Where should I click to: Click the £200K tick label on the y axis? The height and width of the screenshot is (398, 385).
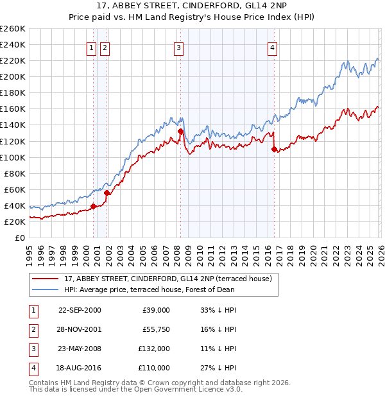pyautogui.click(x=12, y=76)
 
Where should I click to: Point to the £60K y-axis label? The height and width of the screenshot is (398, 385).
pyautogui.click(x=14, y=189)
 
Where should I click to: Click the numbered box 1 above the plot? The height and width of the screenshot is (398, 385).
pyautogui.click(x=91, y=48)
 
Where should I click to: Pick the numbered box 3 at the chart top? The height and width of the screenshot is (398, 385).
pyautogui.click(x=178, y=48)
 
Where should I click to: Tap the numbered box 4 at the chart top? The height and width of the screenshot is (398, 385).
pyautogui.click(x=273, y=48)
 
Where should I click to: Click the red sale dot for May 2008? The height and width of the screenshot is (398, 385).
pyautogui.click(x=181, y=131)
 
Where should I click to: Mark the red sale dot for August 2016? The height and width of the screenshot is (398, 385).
pyautogui.click(x=275, y=149)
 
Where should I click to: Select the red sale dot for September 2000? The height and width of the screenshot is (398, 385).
pyautogui.click(x=94, y=206)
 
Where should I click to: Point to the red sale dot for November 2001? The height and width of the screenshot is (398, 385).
pyautogui.click(x=107, y=193)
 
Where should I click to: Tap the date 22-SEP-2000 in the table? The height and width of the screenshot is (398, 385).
pyautogui.click(x=80, y=310)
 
